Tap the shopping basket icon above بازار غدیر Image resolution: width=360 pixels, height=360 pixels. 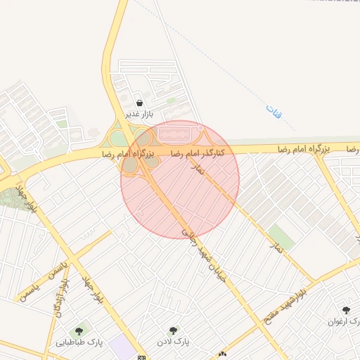[x=139, y=102]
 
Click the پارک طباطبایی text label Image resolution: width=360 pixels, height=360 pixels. [x=79, y=342]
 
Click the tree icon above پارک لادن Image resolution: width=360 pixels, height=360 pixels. [x=173, y=330]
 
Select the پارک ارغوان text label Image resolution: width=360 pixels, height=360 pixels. [x=345, y=323]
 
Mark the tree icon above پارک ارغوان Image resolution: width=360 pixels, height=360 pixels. [x=345, y=310]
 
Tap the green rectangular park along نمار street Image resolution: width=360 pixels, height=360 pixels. [x=281, y=238]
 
